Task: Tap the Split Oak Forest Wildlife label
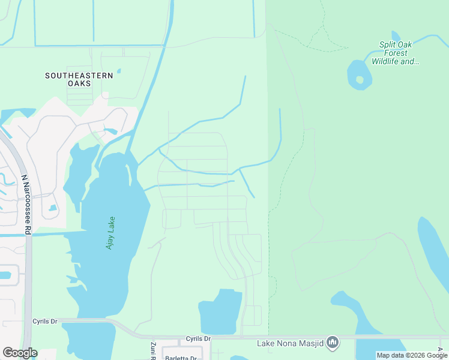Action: pyautogui.click(x=396, y=53)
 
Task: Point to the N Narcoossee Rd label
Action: pyautogui.click(x=26, y=204)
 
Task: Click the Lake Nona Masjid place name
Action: pyautogui.click(x=290, y=343)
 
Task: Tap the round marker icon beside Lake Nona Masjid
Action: pyautogui.click(x=333, y=343)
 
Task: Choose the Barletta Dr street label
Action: pyautogui.click(x=180, y=358)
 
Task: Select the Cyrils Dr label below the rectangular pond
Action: pyautogui.click(x=198, y=339)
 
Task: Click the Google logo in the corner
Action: pyautogui.click(x=20, y=353)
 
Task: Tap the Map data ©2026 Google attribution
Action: pyautogui.click(x=412, y=355)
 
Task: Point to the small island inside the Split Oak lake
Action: pyautogui.click(x=360, y=79)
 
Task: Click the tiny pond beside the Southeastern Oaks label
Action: pyautogui.click(x=119, y=71)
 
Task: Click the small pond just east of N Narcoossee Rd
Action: pyautogui.click(x=53, y=208)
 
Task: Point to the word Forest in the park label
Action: pyautogui.click(x=396, y=53)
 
